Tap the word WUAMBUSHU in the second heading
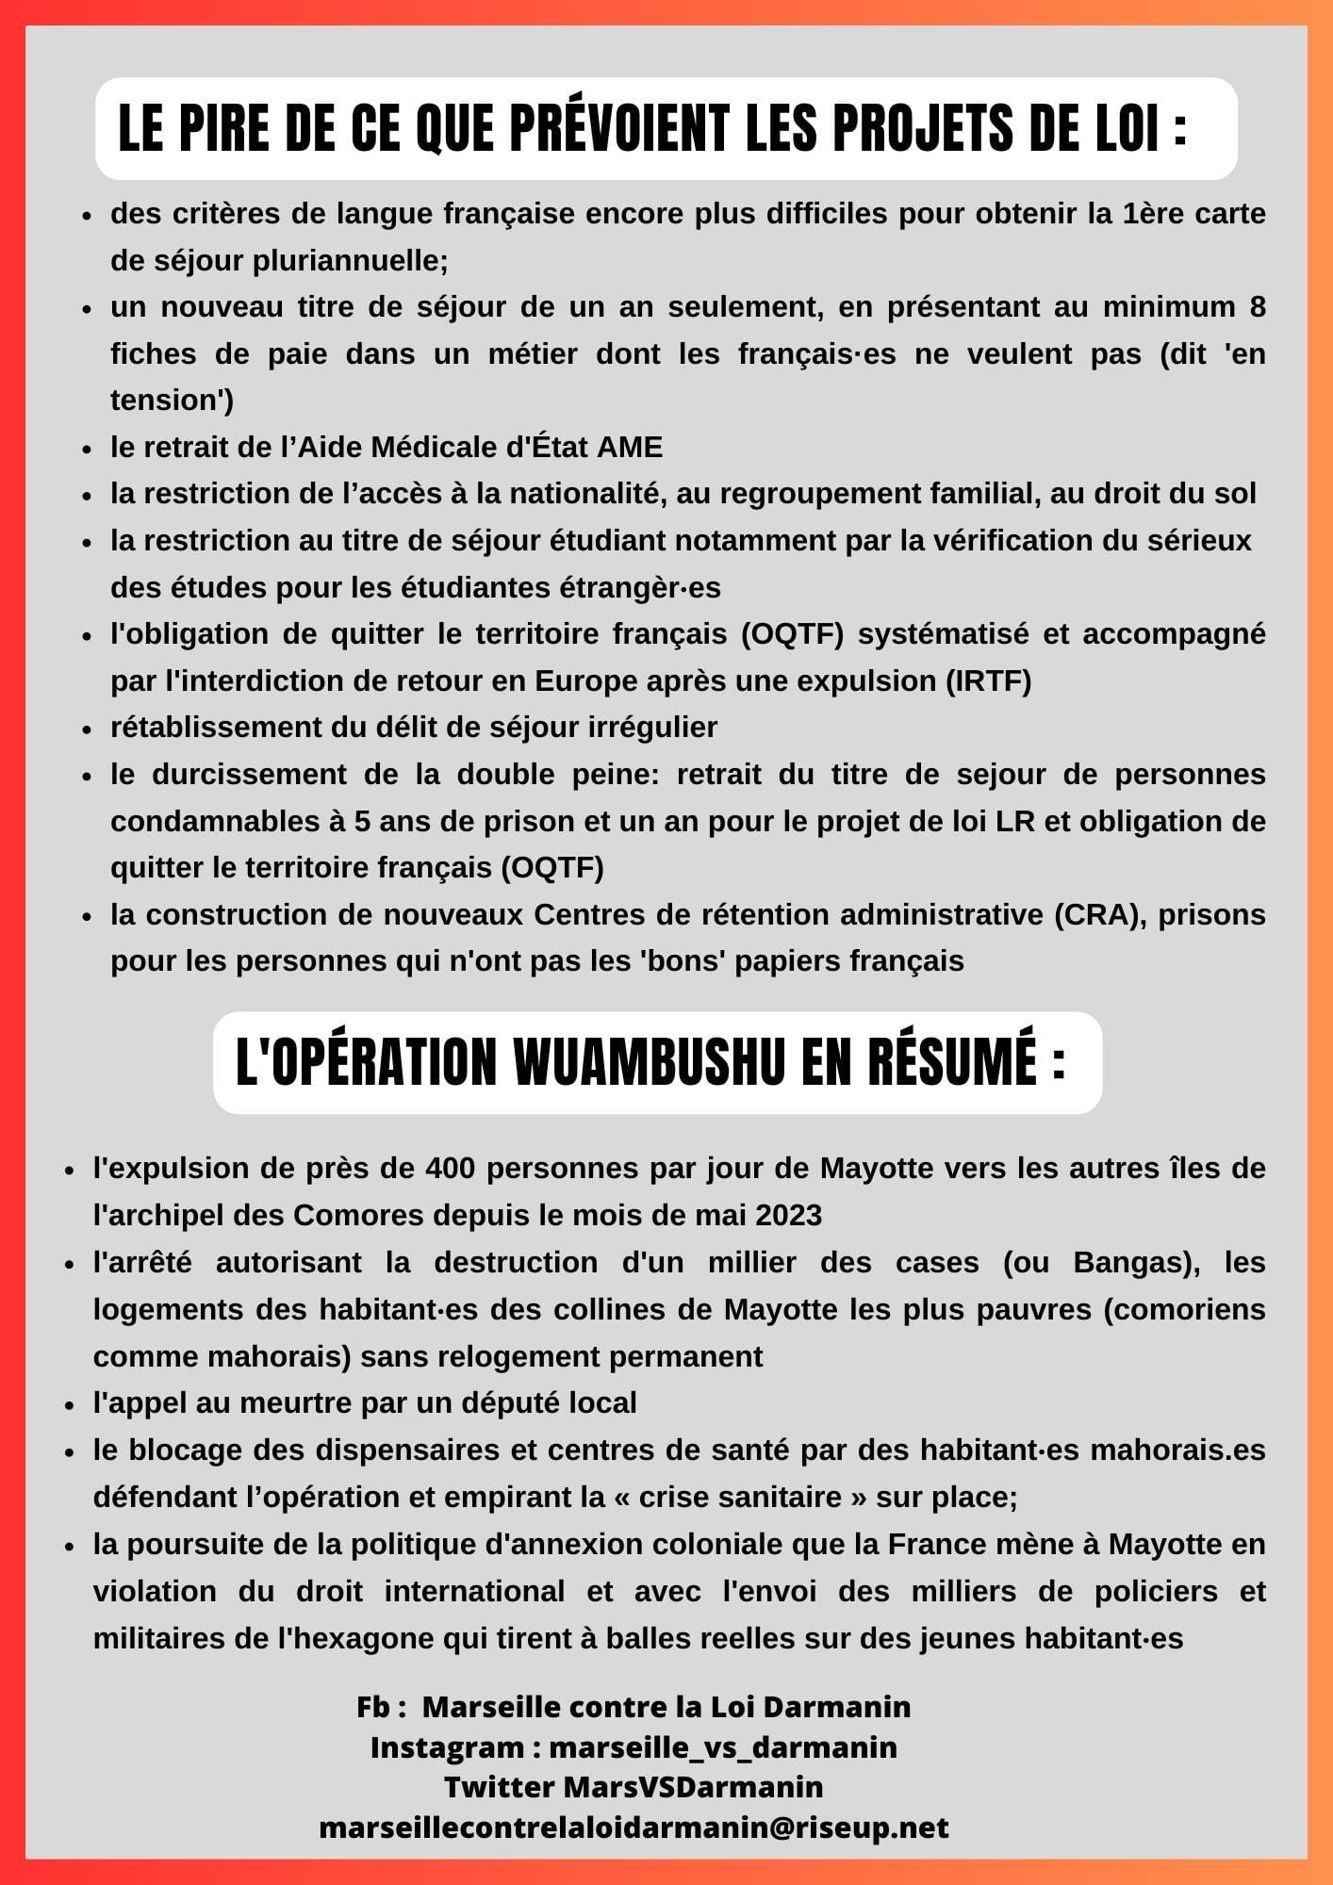click(650, 1063)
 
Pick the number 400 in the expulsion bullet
click(451, 1169)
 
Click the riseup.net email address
click(634, 1828)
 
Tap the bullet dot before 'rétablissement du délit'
click(87, 729)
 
